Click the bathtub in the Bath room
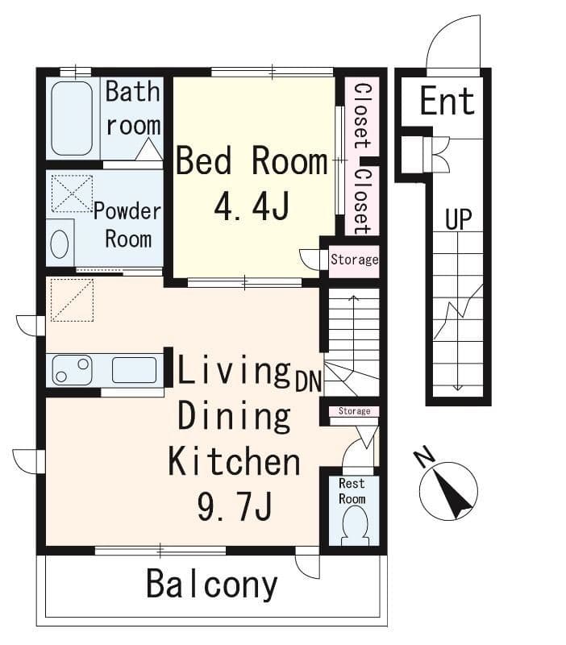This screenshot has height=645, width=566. point(72,119)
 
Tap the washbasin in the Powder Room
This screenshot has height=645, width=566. point(59,244)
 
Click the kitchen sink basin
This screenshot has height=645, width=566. point(134,370)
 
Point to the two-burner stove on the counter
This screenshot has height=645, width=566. point(72,370)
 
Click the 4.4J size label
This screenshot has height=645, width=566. point(252,207)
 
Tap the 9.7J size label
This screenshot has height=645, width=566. point(235,507)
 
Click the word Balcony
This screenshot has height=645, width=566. point(212,584)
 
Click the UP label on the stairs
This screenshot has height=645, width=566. point(458,219)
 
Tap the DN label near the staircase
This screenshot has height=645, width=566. point(308,381)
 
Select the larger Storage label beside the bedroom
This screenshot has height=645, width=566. point(355,260)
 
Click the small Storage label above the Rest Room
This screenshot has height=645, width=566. point(354,411)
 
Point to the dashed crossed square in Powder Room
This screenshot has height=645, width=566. point(72,193)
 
